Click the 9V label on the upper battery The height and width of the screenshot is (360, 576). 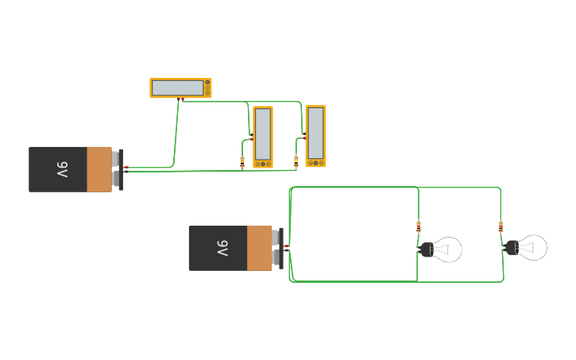click(63, 169)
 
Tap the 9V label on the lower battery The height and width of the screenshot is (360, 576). click(222, 248)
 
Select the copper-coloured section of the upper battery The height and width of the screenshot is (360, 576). click(99, 169)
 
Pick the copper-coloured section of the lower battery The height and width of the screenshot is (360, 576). click(259, 248)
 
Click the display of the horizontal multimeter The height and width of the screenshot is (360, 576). click(177, 88)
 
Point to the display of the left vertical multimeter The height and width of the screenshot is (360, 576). click(263, 133)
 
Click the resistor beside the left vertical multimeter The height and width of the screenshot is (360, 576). click(242, 161)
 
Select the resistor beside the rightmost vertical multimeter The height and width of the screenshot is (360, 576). click(296, 161)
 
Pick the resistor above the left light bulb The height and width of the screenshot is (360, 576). click(419, 226)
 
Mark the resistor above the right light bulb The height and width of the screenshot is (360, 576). click(501, 226)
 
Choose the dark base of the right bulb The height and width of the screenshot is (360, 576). click(511, 247)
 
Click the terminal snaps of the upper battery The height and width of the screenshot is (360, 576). click(118, 169)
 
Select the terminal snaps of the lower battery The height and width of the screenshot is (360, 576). click(277, 248)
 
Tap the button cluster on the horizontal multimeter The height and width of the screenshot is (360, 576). click(207, 88)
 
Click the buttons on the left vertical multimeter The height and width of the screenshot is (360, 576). click(263, 165)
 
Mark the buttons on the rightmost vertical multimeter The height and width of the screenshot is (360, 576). click(315, 163)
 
